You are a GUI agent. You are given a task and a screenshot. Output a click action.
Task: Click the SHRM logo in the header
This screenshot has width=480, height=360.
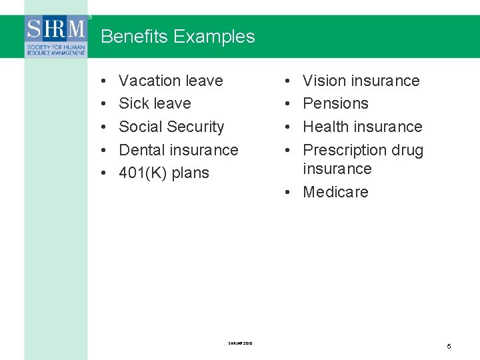point(56,36)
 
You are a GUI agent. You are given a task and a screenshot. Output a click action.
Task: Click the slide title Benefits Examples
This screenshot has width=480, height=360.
point(177,37)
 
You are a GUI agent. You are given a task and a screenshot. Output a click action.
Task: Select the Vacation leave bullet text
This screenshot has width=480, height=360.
point(171,81)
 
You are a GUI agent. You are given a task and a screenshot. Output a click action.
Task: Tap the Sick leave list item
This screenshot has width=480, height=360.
point(155,103)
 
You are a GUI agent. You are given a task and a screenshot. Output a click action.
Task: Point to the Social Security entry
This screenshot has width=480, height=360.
point(171,127)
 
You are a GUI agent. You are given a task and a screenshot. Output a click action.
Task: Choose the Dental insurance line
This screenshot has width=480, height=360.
point(178,150)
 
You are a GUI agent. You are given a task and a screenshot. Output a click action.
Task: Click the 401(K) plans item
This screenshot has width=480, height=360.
point(163,173)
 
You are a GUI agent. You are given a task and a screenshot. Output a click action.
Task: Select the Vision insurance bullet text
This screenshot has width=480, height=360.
point(361,81)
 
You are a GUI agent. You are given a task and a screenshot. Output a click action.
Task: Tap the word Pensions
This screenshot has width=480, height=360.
point(335,103)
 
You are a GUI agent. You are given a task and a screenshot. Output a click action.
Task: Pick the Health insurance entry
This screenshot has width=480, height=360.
point(362,127)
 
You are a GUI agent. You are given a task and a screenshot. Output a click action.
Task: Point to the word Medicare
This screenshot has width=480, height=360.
point(335,192)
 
